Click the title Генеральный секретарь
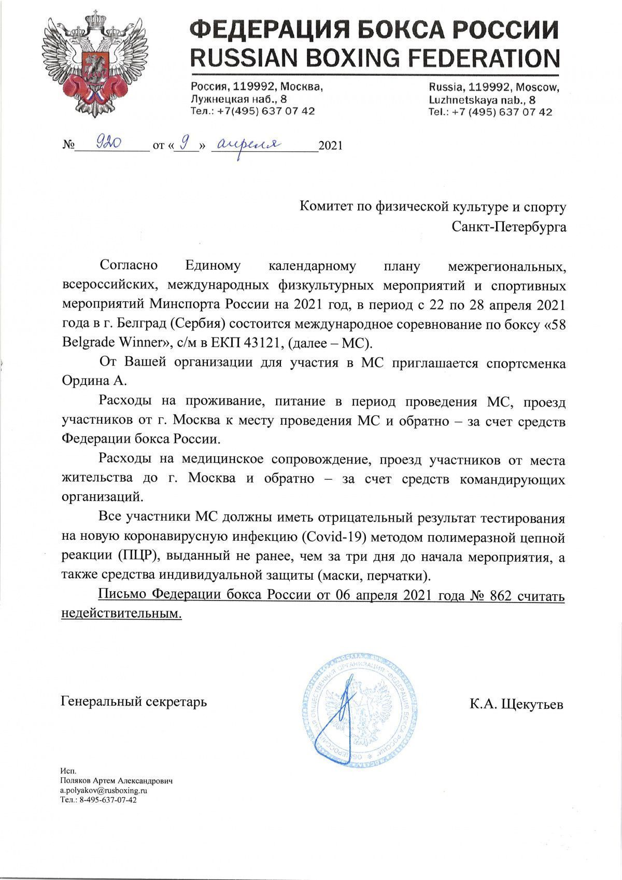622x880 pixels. click(x=134, y=702)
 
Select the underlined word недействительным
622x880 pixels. click(x=121, y=613)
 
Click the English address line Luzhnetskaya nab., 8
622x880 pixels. click(x=482, y=99)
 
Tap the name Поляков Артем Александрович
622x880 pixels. click(x=117, y=780)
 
